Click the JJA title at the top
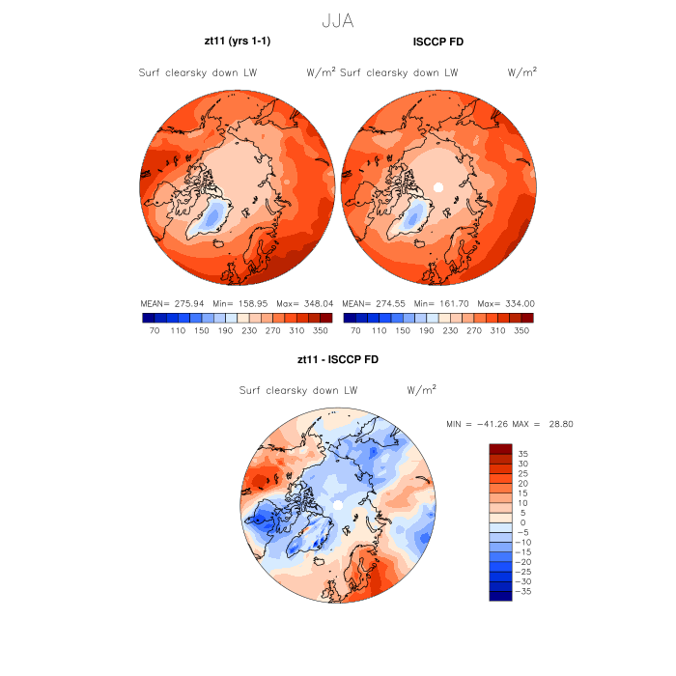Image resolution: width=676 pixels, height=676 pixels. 338,19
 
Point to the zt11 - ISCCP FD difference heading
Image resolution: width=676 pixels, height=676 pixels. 338,360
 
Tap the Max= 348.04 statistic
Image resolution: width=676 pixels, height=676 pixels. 304,302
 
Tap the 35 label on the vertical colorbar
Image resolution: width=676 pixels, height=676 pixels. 522,453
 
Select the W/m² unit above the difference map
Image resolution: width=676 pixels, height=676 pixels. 422,391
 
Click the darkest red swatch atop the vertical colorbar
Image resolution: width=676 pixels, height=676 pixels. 500,448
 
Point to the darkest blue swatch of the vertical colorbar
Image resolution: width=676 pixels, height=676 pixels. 500,596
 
